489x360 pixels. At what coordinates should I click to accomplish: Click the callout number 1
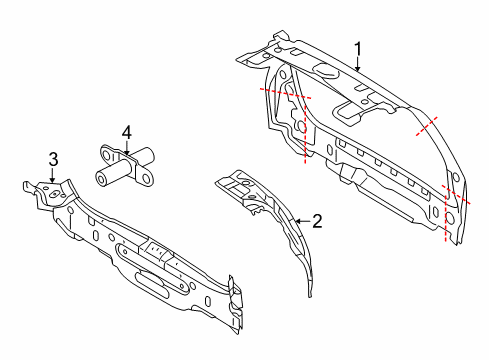(358, 50)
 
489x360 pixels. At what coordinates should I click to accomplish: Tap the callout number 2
(317, 221)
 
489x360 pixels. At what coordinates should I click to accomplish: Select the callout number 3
(53, 159)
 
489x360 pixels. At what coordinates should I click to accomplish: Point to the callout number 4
(127, 133)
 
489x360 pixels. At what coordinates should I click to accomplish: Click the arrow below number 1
(358, 65)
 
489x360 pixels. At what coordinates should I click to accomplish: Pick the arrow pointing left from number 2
(302, 221)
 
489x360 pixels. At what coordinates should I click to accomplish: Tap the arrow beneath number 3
(52, 175)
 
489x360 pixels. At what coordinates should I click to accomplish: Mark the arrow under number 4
(127, 148)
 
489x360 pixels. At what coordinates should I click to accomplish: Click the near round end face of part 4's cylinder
(101, 178)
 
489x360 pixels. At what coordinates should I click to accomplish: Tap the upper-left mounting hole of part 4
(107, 155)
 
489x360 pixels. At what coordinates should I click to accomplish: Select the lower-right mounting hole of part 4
(146, 179)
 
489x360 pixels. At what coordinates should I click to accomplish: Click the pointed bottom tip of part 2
(310, 296)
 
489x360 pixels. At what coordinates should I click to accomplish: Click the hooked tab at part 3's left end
(29, 187)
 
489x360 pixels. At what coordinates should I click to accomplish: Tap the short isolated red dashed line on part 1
(427, 126)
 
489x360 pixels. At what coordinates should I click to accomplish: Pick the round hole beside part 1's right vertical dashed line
(449, 218)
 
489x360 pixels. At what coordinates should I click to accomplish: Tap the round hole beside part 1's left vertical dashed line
(301, 127)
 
